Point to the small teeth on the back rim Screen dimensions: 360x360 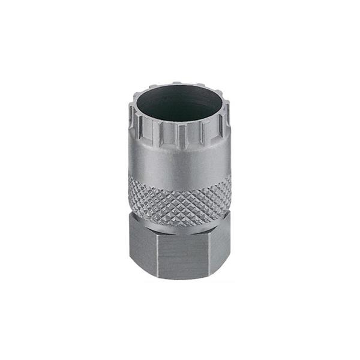click(x=180, y=86)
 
